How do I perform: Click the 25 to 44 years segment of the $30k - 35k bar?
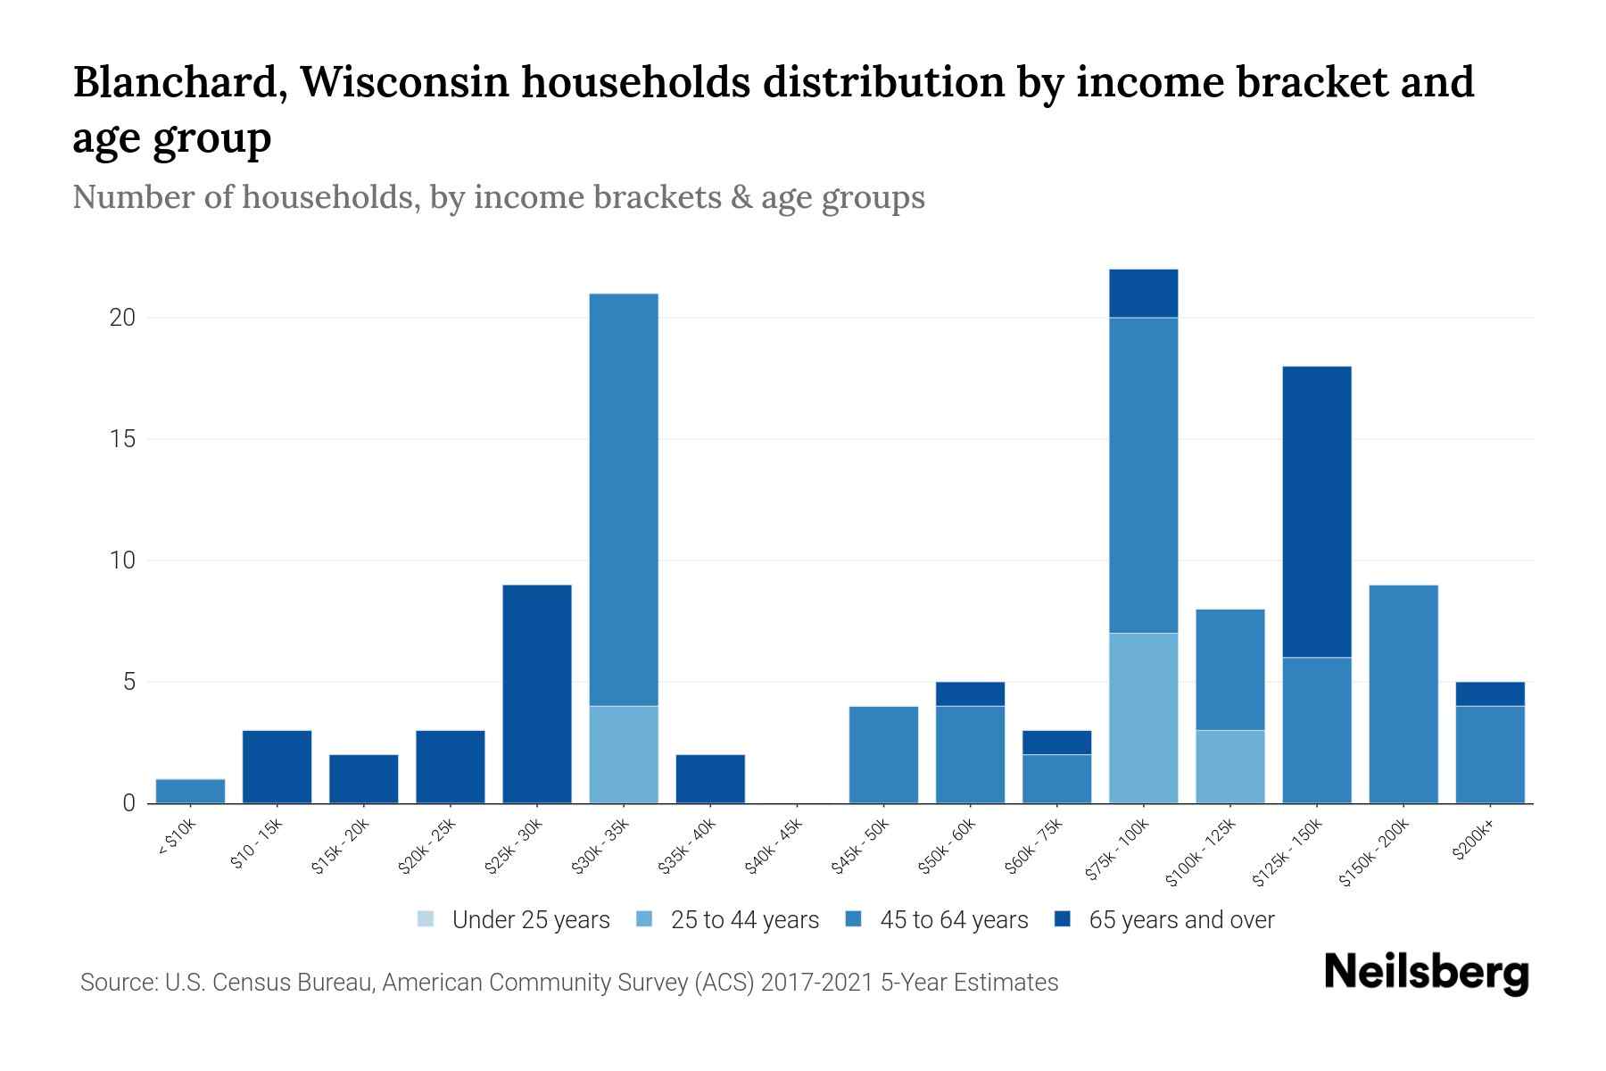pyautogui.click(x=624, y=754)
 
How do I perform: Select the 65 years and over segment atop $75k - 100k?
pyautogui.click(x=1143, y=294)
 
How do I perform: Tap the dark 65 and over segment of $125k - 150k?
pyautogui.click(x=1316, y=511)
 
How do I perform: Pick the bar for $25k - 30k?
pyautogui.click(x=537, y=693)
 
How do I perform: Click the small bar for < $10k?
pyautogui.click(x=190, y=792)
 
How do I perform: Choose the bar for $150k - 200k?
pyautogui.click(x=1403, y=693)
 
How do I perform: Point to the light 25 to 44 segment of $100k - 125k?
pyautogui.click(x=1229, y=767)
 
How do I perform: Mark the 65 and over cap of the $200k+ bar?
pyautogui.click(x=1489, y=694)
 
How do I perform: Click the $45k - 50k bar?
pyautogui.click(x=883, y=754)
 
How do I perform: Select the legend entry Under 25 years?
pyautogui.click(x=513, y=920)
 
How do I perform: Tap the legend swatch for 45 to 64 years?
pyautogui.click(x=854, y=920)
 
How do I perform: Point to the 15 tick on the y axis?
pyautogui.click(x=122, y=439)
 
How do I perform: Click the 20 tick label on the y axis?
pyautogui.click(x=122, y=318)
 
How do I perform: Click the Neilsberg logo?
pyautogui.click(x=1426, y=974)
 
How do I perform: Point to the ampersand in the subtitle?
pyautogui.click(x=740, y=197)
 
